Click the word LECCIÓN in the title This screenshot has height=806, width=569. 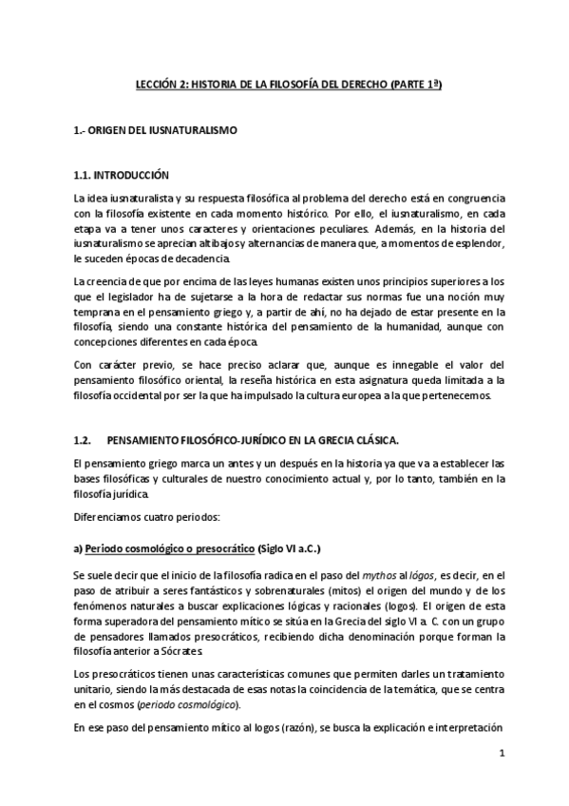click(154, 86)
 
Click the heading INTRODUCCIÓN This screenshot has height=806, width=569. click(131, 175)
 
